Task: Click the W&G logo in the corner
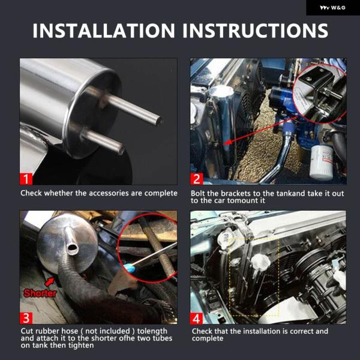tap(332, 8)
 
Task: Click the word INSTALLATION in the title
tap(104, 31)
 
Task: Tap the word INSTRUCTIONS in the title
tap(256, 31)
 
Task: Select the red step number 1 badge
tap(26, 179)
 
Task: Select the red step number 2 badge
tap(197, 179)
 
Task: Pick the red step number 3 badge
tap(26, 318)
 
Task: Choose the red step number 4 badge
tap(197, 318)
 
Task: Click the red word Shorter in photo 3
tap(40, 293)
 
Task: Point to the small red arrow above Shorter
tap(50, 282)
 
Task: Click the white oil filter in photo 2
tap(321, 162)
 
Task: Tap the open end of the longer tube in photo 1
tap(160, 121)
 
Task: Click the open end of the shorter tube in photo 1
tap(122, 149)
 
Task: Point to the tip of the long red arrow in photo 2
tap(223, 144)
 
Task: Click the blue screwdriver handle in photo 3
tap(128, 268)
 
